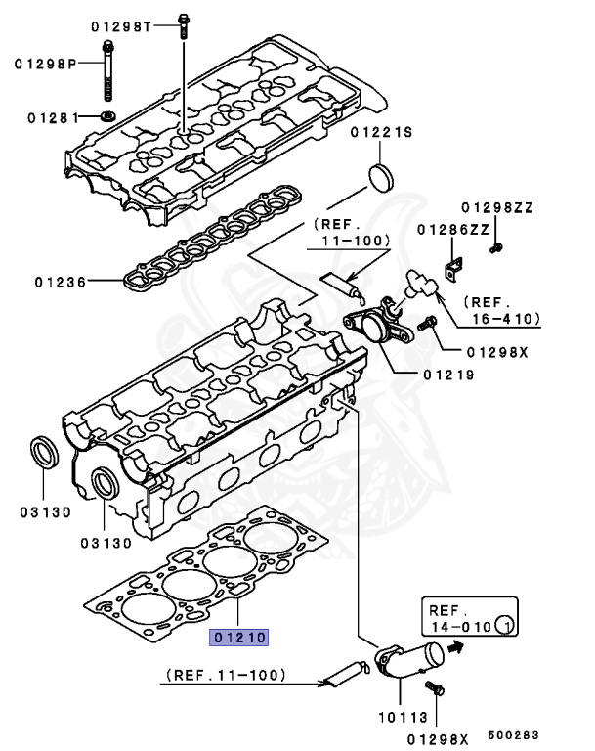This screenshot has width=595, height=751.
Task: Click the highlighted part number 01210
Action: coord(238,638)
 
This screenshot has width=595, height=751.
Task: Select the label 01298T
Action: coord(122,25)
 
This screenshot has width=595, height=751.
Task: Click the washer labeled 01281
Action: coord(107,118)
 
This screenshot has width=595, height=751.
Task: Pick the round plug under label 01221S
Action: coord(381,179)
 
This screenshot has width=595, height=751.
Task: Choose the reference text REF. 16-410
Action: coord(501,310)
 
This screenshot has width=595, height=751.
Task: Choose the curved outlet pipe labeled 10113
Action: coord(410,660)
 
